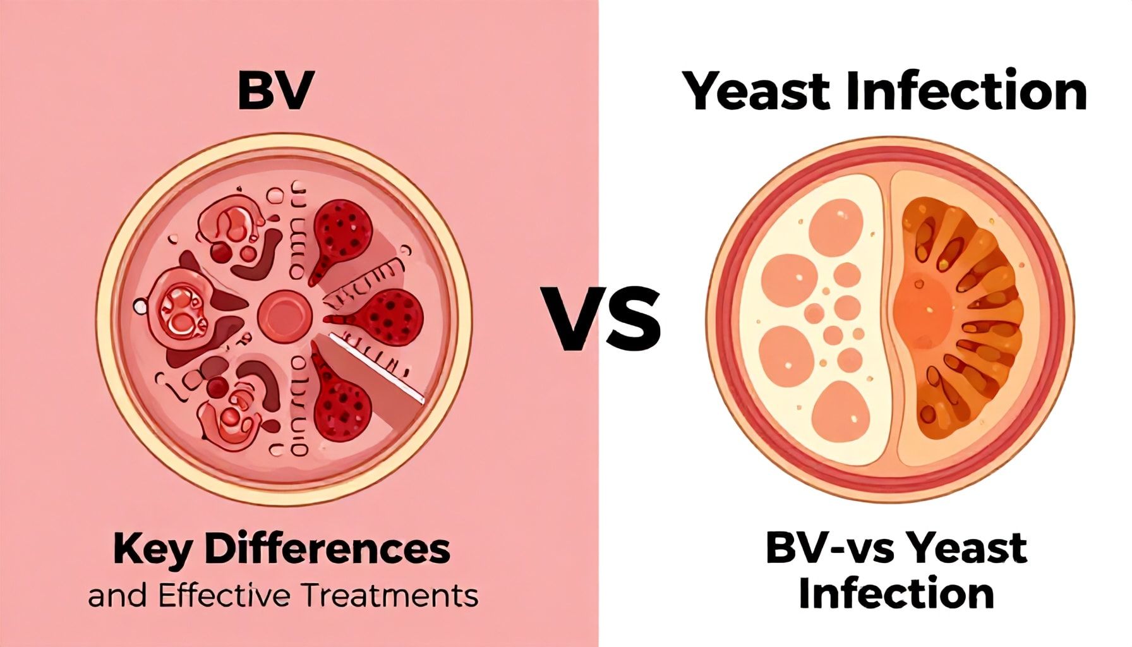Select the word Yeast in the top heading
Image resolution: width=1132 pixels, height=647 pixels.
758,92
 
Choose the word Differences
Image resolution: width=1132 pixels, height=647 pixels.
327,548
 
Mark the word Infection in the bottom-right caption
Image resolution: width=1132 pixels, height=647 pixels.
896,594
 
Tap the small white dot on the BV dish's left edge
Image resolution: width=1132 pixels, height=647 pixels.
140,307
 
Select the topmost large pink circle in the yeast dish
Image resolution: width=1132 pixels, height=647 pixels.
836,225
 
